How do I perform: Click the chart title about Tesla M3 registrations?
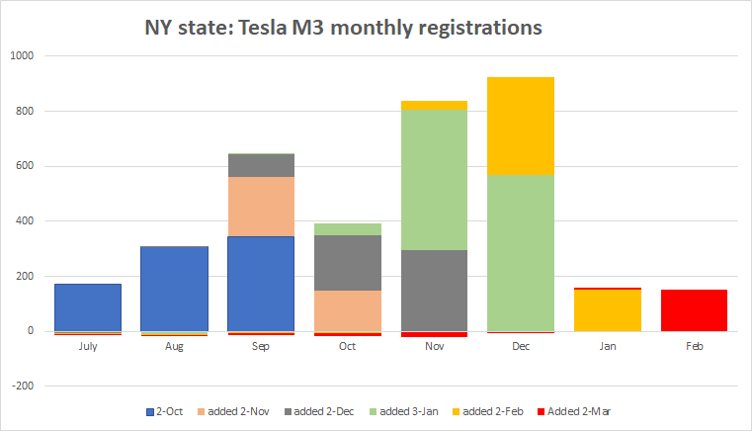pyautogui.click(x=343, y=28)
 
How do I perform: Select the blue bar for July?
pyautogui.click(x=87, y=307)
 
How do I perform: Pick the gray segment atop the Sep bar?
pyautogui.click(x=261, y=165)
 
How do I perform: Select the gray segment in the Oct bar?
pyautogui.click(x=348, y=262)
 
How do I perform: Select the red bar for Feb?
pyautogui.click(x=694, y=310)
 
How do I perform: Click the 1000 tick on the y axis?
pyautogui.click(x=23, y=56)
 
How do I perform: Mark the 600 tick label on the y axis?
pyautogui.click(x=25, y=166)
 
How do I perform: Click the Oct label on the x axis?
pyautogui.click(x=348, y=346)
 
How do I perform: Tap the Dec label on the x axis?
pyautogui.click(x=521, y=346)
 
